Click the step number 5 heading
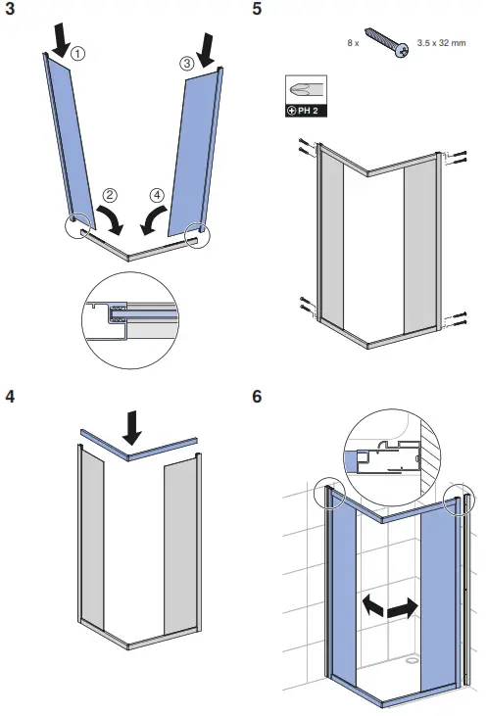(x=257, y=11)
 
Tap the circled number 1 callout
(x=78, y=56)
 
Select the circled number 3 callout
(x=188, y=65)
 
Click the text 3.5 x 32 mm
(x=442, y=43)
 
